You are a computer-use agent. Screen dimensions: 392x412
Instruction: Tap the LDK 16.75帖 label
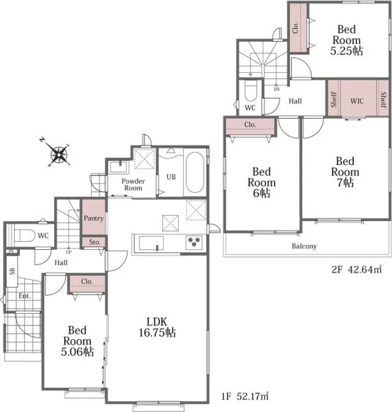[157, 327]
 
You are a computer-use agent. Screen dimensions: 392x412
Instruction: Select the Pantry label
[94, 218]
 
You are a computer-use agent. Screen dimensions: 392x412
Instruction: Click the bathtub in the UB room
[195, 172]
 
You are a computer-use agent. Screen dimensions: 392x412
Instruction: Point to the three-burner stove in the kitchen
[194, 242]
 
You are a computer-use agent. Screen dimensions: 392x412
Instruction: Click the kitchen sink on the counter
[151, 243]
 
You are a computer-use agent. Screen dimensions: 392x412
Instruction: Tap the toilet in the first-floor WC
[25, 236]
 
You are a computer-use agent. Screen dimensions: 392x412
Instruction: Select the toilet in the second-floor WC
[250, 91]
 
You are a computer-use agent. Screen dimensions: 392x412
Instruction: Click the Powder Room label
[133, 185]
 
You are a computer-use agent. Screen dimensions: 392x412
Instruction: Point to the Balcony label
[304, 247]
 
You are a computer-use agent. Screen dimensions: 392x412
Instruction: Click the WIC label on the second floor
[357, 101]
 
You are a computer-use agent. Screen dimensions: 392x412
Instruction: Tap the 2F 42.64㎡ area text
[356, 270]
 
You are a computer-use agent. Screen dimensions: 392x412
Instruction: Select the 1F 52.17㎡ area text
[245, 396]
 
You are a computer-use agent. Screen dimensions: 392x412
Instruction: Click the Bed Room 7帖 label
[345, 172]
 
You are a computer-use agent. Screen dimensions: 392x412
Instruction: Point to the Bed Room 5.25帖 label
[347, 40]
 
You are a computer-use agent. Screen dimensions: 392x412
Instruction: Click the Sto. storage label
[95, 242]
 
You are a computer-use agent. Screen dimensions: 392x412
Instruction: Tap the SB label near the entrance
[12, 271]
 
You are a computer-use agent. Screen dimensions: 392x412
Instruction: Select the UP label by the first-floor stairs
[69, 252]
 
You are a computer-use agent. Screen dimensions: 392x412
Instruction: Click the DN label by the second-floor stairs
[277, 89]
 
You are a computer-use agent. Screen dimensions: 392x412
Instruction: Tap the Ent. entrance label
[25, 296]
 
